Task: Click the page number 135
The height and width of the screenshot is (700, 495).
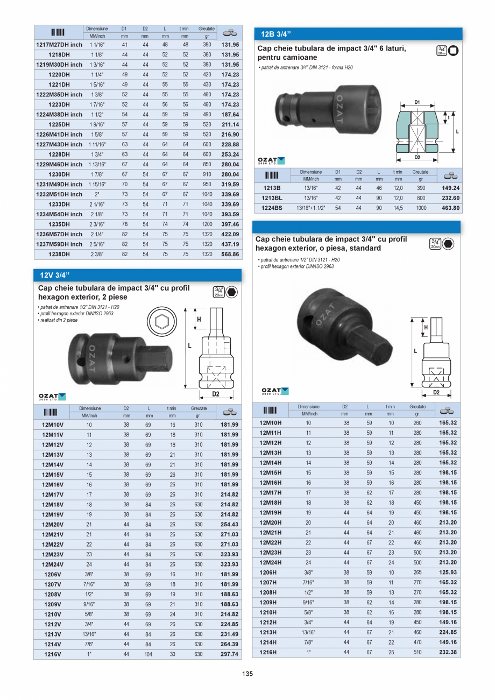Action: [x=247, y=674]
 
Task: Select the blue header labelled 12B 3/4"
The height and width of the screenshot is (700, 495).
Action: [x=275, y=34]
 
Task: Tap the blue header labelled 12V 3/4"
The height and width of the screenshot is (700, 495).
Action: [x=55, y=275]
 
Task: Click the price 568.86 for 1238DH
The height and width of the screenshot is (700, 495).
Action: [x=230, y=254]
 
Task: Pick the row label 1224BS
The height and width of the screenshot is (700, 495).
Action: [x=271, y=208]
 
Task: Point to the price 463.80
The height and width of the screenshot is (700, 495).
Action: [x=450, y=208]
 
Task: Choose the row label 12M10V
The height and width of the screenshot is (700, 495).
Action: [x=53, y=425]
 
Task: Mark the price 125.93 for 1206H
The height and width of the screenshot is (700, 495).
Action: [x=448, y=572]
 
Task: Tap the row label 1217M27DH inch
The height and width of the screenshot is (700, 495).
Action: [x=59, y=45]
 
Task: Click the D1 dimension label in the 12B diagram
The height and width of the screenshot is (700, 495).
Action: [x=417, y=101]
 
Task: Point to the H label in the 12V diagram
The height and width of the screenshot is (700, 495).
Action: [x=199, y=319]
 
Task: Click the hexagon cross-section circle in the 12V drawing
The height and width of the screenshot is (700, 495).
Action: [x=160, y=322]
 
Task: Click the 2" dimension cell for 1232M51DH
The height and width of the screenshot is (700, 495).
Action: [x=97, y=194]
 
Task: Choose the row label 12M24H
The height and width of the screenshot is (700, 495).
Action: [x=271, y=562]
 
